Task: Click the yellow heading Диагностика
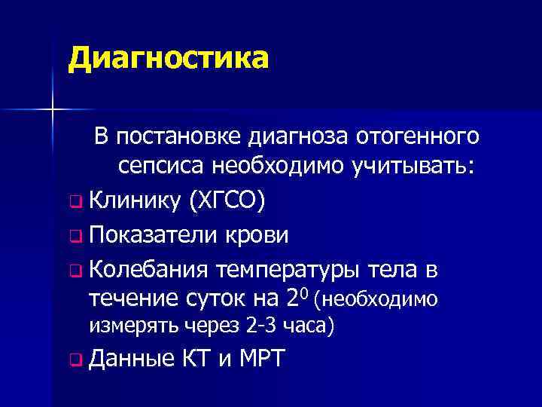click(x=167, y=58)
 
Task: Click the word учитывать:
click(x=411, y=167)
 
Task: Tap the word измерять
click(x=126, y=327)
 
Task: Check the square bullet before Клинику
click(x=73, y=202)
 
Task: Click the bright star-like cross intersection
click(x=53, y=110)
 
